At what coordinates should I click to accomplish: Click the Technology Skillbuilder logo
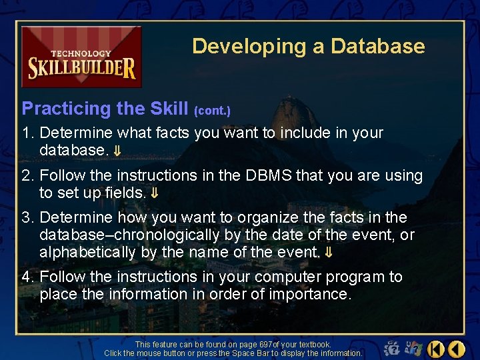81,57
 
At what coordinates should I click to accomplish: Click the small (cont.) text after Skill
212,111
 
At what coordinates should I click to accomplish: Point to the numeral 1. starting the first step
28,133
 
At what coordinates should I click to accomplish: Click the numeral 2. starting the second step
28,176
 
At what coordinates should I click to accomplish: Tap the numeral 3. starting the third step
28,218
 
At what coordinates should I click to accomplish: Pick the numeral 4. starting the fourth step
28,277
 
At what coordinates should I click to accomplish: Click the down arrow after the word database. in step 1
116,151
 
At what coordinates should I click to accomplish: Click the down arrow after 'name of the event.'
328,253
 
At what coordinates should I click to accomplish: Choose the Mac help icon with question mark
393,348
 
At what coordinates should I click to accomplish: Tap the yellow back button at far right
457,348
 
